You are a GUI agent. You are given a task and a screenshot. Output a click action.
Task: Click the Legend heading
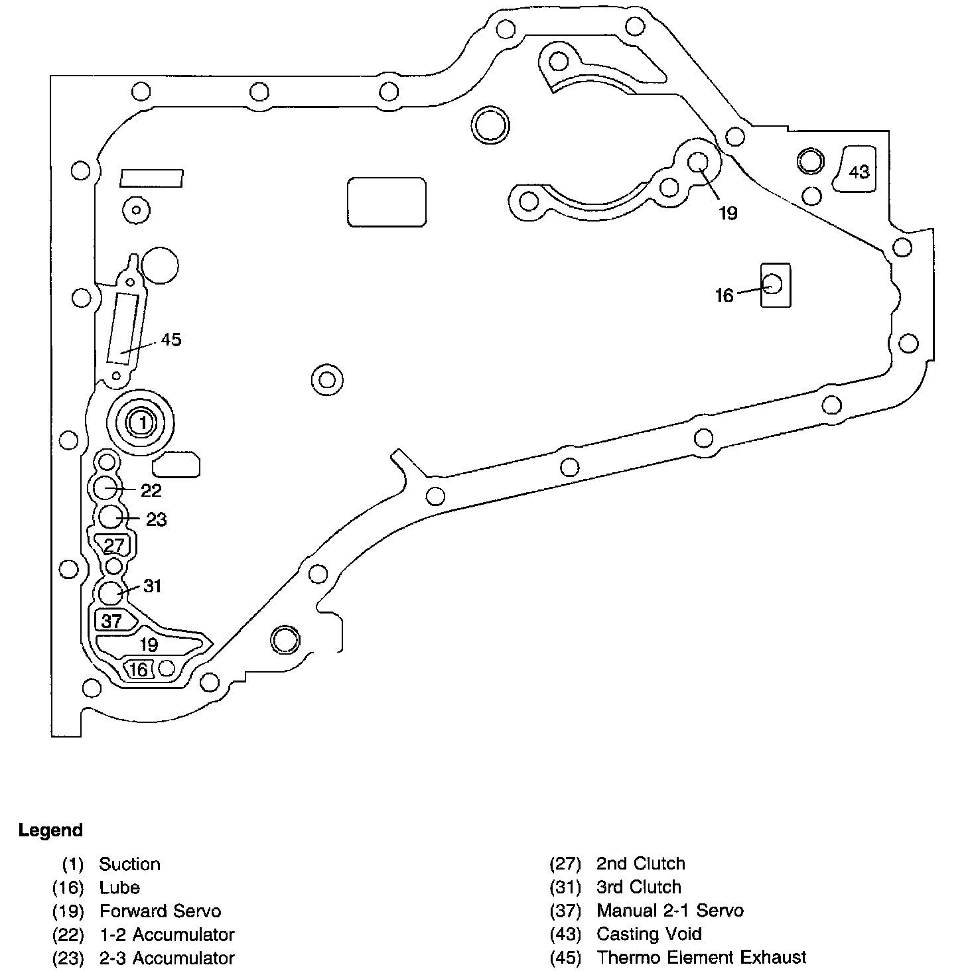coord(50,830)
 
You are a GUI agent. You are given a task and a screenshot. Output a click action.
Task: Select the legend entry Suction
coord(129,864)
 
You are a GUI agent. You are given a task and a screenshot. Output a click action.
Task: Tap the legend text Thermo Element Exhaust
coord(701,958)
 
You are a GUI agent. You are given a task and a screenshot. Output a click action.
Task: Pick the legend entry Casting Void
coord(649,934)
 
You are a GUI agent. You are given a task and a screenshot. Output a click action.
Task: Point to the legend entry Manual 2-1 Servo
coord(670,911)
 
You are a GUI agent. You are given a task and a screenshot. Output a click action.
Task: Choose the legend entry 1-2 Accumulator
coord(167,935)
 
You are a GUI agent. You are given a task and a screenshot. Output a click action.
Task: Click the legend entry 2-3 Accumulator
coord(167,958)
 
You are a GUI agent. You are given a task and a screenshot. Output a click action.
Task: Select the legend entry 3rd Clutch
coord(638,887)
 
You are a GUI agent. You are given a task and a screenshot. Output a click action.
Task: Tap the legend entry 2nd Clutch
coord(640,864)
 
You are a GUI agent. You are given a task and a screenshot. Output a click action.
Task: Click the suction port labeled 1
coord(141,422)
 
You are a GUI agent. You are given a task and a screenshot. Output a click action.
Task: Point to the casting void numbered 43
coord(859,171)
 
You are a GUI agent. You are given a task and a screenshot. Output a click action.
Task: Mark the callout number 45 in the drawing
coord(171,340)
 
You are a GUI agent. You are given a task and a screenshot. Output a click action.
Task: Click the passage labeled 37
coord(111,621)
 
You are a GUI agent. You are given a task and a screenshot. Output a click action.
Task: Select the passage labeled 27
coord(114,545)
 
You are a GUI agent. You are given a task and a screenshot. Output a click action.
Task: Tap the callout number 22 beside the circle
coord(151,490)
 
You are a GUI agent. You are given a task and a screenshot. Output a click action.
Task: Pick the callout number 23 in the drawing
coord(156,519)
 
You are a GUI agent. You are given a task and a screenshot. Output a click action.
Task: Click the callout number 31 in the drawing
coord(153,586)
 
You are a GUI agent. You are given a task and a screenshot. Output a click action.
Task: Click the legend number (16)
coord(68,887)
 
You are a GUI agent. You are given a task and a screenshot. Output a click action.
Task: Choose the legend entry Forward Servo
coord(160,911)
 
